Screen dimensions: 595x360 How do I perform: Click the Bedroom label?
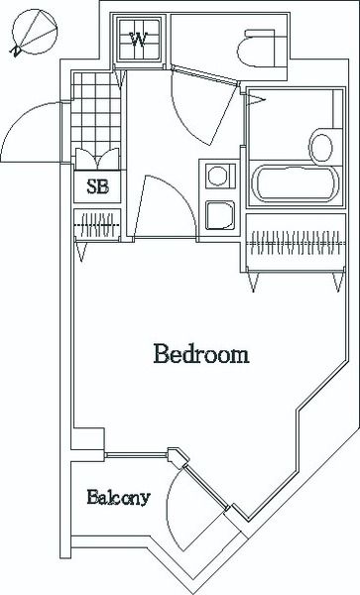[x=199, y=354]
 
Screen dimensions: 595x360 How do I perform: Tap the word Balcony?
[x=117, y=497]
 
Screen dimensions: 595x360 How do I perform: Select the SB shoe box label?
[x=97, y=185]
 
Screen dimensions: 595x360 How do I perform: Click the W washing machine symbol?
[x=140, y=40]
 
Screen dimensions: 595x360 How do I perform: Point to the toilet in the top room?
[x=257, y=46]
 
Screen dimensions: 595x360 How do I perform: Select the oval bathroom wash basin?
[x=320, y=146]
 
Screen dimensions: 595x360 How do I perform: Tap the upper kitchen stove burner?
[x=217, y=176]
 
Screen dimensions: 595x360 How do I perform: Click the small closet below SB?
[x=97, y=223]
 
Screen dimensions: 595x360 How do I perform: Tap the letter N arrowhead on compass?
[x=13, y=49]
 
